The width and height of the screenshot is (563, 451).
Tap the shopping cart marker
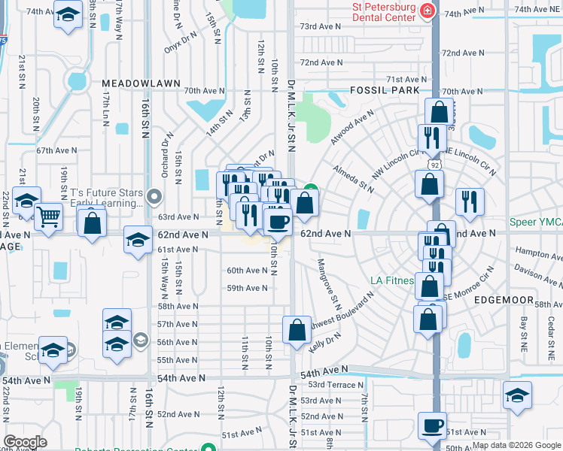48,216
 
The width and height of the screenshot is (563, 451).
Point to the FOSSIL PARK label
384,89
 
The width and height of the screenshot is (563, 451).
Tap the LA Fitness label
392,281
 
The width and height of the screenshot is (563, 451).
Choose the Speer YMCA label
536,222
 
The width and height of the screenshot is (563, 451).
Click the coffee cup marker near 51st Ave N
432,425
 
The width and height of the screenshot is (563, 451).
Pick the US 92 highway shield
434,162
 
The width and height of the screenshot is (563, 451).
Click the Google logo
25,441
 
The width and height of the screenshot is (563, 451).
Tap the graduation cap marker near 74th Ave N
68,15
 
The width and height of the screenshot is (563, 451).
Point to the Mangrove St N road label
330,284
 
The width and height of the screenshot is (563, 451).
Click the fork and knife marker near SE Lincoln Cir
469,201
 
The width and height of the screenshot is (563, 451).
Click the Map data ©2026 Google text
516,445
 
